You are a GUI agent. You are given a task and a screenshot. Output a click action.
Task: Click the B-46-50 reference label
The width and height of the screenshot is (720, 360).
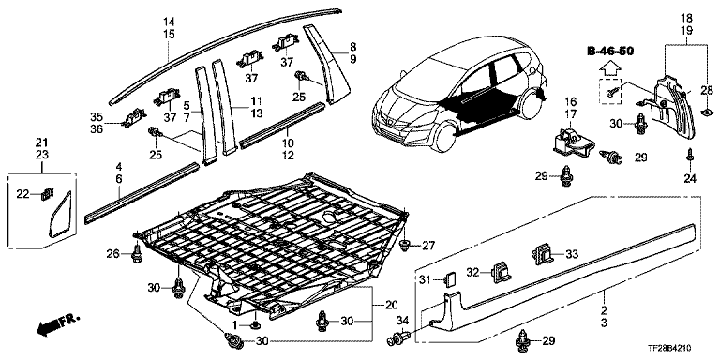pyautogui.click(x=610, y=51)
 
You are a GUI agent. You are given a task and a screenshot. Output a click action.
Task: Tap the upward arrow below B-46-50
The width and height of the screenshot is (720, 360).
pyautogui.click(x=610, y=68)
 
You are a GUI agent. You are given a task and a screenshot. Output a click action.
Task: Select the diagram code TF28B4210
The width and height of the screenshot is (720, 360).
pyautogui.click(x=672, y=350)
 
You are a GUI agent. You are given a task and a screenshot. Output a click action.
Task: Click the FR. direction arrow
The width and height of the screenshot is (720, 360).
pyautogui.click(x=57, y=323)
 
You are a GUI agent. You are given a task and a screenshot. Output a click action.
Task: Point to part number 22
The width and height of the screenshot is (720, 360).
pyautogui.click(x=22, y=195)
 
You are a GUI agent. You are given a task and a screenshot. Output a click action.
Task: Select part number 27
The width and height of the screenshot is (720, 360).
pyautogui.click(x=428, y=246)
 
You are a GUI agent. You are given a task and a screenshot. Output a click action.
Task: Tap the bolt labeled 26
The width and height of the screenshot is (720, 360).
pyautogui.click(x=137, y=253)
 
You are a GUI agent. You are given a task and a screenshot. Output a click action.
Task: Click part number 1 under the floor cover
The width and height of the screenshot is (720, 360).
pyautogui.click(x=234, y=325)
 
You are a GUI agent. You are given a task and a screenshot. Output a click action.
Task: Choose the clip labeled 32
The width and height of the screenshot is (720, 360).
pyautogui.click(x=500, y=271)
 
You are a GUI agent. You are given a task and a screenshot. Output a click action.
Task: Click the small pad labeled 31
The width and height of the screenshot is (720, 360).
pyautogui.click(x=450, y=278)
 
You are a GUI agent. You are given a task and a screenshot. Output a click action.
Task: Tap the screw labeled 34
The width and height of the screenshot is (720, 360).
pyautogui.click(x=397, y=339)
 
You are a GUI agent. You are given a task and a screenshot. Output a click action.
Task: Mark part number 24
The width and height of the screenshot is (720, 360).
pyautogui.click(x=691, y=179)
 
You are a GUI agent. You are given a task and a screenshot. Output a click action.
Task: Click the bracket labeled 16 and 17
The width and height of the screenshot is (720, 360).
pyautogui.click(x=572, y=140)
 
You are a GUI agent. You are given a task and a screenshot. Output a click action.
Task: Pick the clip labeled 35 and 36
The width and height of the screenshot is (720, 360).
pyautogui.click(x=133, y=118)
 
